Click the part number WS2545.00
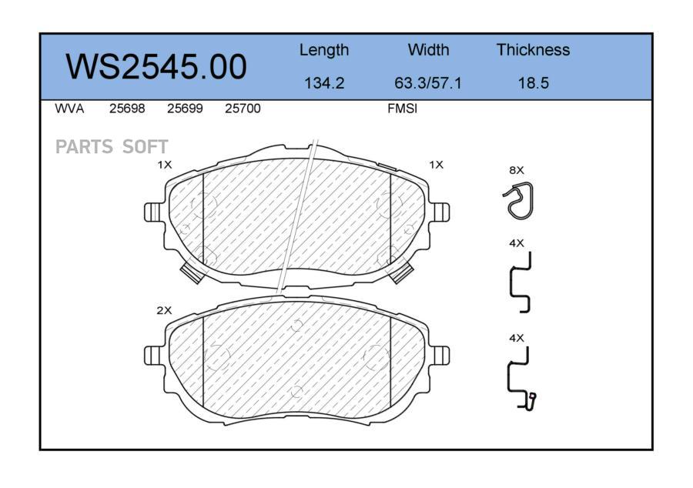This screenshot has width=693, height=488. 156,67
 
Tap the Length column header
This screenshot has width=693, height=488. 324,50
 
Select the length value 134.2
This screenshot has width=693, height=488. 324,82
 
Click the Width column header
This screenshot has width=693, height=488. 428,49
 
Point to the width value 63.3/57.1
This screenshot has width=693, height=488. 428,82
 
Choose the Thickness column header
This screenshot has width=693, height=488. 533,49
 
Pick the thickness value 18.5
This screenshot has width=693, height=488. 534,82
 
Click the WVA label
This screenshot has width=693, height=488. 69,109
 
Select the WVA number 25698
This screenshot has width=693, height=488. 127,109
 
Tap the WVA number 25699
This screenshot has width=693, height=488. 185,109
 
